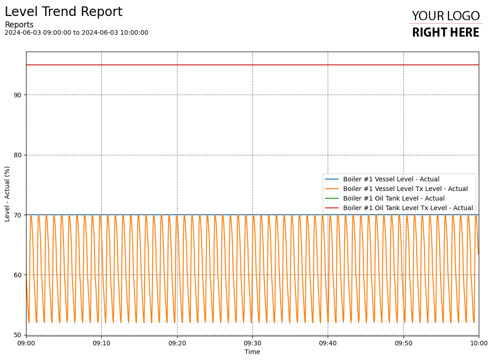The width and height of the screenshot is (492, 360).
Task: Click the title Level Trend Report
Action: (63, 12)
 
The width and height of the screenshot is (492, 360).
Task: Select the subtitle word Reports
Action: (19, 25)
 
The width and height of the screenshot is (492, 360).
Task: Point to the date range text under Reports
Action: (76, 33)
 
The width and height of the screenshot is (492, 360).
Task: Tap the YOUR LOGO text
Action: (445, 16)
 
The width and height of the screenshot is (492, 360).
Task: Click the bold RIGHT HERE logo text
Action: (445, 32)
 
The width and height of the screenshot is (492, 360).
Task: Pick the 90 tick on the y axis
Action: (18, 95)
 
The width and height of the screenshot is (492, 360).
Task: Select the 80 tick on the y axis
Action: (18, 155)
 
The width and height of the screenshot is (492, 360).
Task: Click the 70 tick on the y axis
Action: (18, 215)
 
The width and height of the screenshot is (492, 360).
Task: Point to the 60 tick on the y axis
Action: (18, 275)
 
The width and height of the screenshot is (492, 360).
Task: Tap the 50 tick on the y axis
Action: (18, 335)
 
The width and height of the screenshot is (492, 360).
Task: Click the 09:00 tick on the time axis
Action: (26, 343)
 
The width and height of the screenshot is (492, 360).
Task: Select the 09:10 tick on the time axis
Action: (101, 343)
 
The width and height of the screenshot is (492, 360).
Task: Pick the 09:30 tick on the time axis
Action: (252, 343)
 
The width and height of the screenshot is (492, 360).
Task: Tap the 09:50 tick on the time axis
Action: (403, 343)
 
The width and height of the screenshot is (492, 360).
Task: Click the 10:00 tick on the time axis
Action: (478, 343)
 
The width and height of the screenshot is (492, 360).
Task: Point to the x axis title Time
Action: (252, 352)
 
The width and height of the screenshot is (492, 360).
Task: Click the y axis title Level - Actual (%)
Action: (7, 194)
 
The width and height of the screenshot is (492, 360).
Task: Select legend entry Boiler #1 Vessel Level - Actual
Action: (391, 179)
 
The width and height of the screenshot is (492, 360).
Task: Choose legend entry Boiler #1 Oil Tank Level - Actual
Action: (393, 198)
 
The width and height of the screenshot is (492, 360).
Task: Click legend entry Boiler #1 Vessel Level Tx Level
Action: (405, 189)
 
